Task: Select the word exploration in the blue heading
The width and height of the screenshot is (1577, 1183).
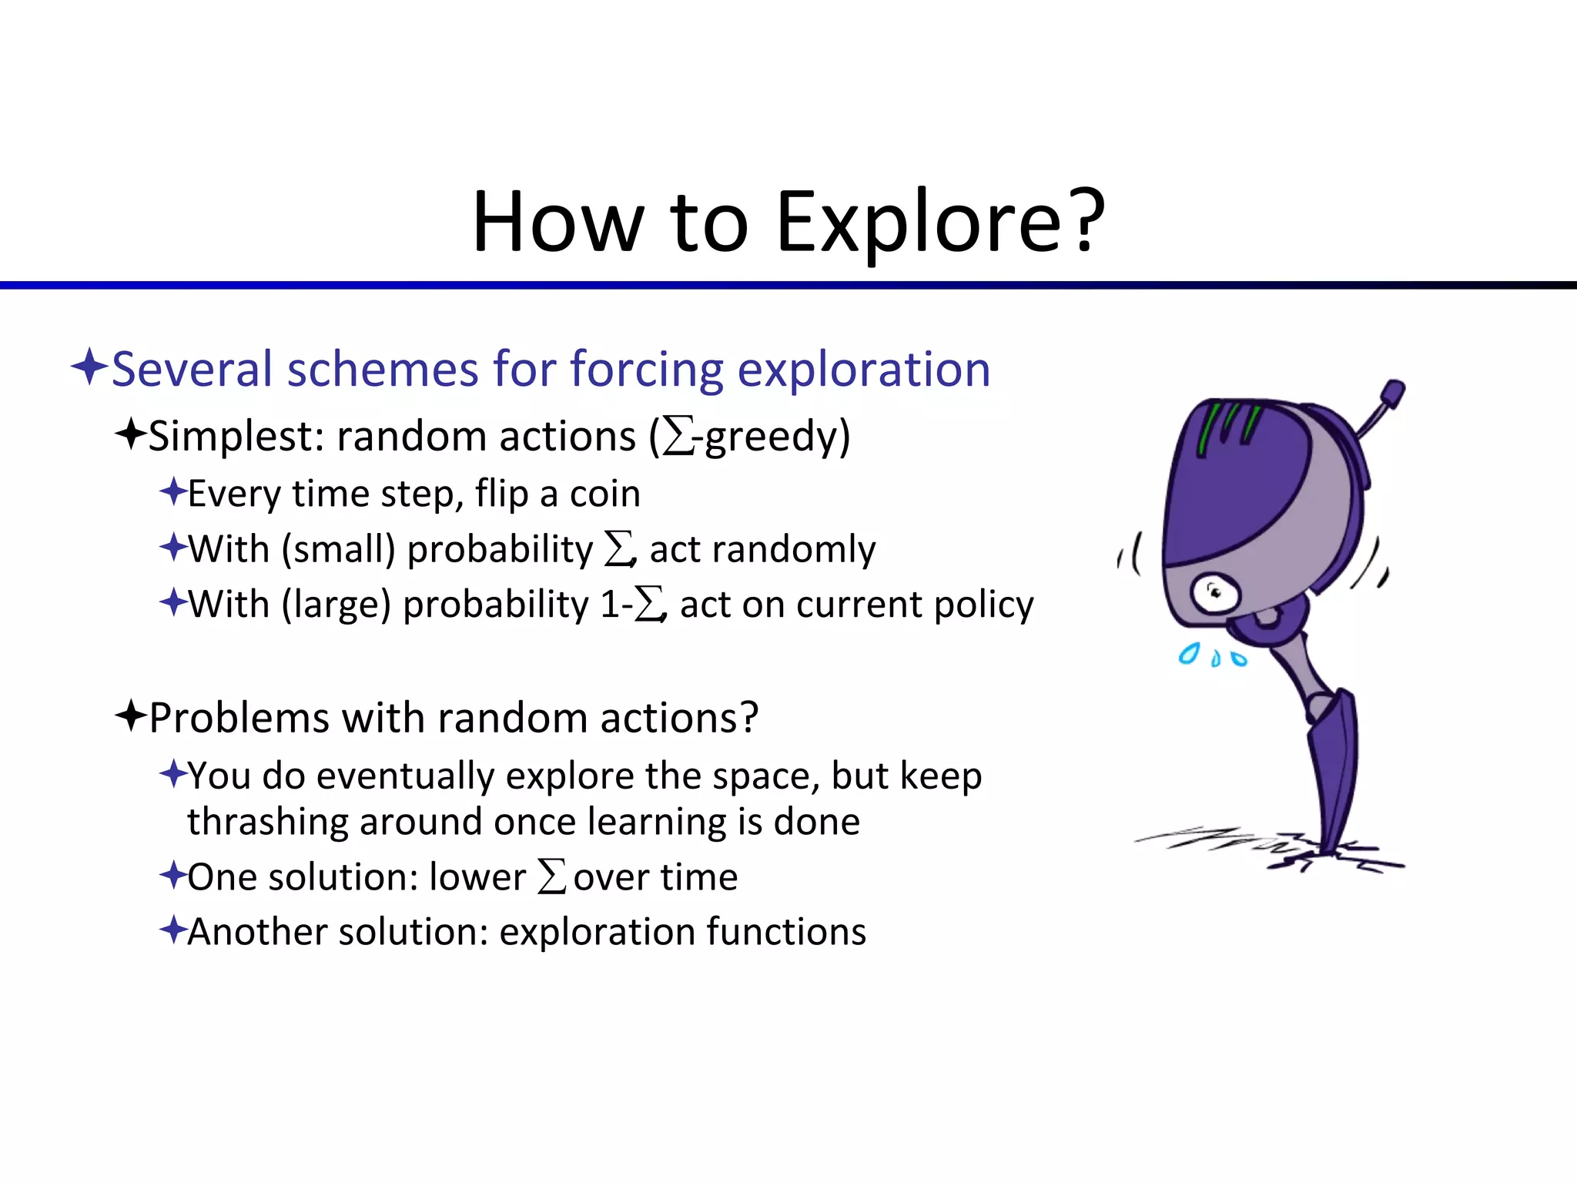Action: pyautogui.click(x=863, y=369)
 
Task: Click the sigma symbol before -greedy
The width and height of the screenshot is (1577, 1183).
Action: pyautogui.click(x=678, y=437)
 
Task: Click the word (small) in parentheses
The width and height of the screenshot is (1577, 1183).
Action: pyautogui.click(x=339, y=550)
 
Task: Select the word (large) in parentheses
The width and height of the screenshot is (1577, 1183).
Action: pyautogui.click(x=336, y=605)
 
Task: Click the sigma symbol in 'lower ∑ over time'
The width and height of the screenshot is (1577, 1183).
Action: pyautogui.click(x=551, y=876)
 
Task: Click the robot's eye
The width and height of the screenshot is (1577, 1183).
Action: pyautogui.click(x=1215, y=593)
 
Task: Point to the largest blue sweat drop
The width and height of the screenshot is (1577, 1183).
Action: pyautogui.click(x=1189, y=654)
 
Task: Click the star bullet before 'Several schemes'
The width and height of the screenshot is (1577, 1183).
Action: pyautogui.click(x=89, y=367)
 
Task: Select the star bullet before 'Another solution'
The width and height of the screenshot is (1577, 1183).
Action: pyautogui.click(x=173, y=930)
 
